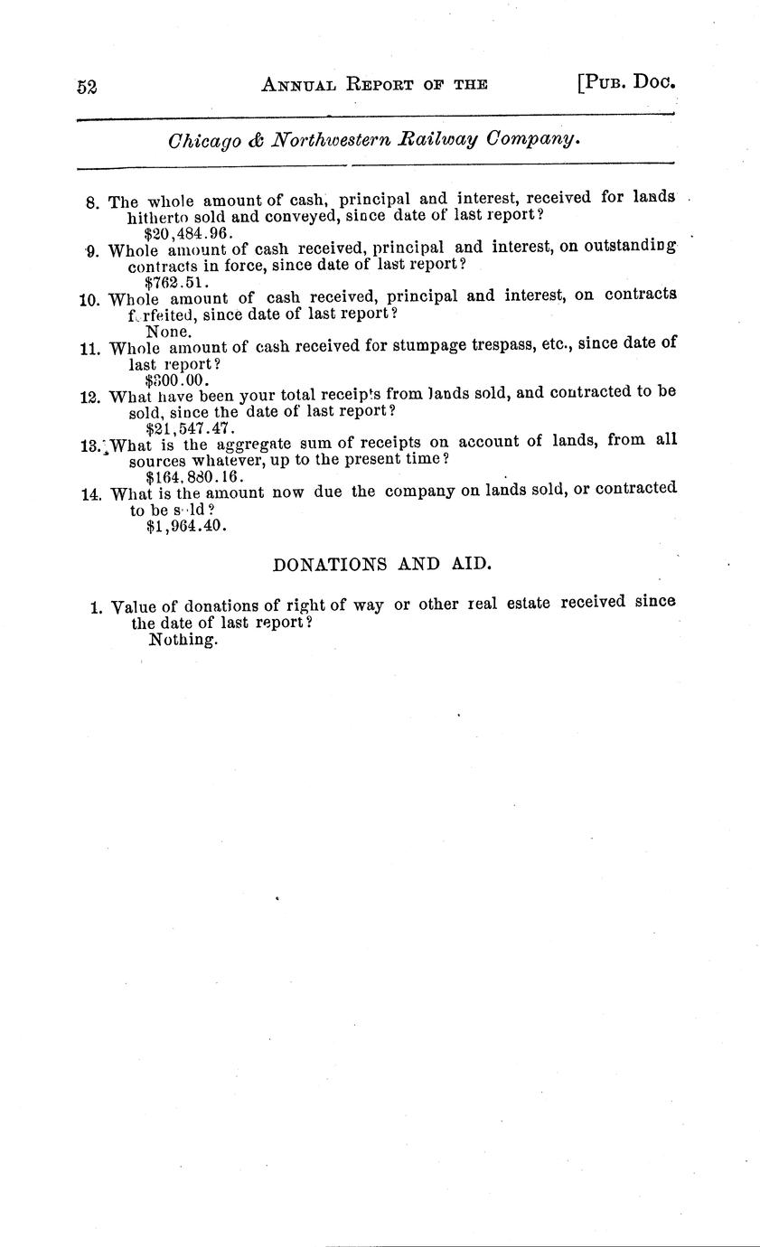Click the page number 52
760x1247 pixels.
pyautogui.click(x=87, y=87)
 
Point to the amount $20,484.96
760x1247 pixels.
pyautogui.click(x=189, y=231)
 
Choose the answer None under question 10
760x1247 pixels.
pyautogui.click(x=168, y=331)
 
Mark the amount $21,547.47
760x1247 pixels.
pyautogui.click(x=190, y=427)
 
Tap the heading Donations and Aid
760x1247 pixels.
pyautogui.click(x=382, y=564)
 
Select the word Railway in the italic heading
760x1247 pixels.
pyautogui.click(x=441, y=140)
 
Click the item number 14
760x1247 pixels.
pyautogui.click(x=92, y=494)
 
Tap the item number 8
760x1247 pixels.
pyautogui.click(x=92, y=202)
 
